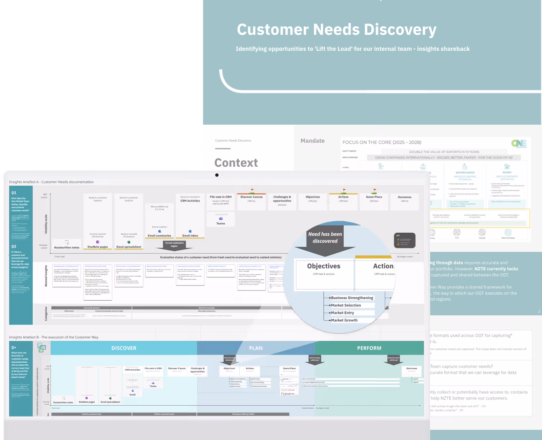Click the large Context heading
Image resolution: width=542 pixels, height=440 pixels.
(x=236, y=163)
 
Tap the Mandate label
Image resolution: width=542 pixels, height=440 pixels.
(x=313, y=141)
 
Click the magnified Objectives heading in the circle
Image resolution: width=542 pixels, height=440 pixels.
(x=324, y=266)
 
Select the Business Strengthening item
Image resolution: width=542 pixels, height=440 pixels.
(x=352, y=298)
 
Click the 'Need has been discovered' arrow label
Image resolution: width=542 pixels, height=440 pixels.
(x=325, y=237)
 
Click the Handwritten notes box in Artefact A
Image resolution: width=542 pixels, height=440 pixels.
(x=67, y=247)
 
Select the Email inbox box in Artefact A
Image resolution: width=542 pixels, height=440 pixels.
(x=187, y=236)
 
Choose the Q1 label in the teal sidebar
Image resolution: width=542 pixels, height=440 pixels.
(x=14, y=193)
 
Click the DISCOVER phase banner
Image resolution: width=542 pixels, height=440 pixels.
(x=124, y=348)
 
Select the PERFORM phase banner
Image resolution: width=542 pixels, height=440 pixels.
(x=369, y=348)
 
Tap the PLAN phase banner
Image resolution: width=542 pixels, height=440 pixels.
(x=256, y=348)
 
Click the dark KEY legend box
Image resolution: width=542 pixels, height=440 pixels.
(x=405, y=240)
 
